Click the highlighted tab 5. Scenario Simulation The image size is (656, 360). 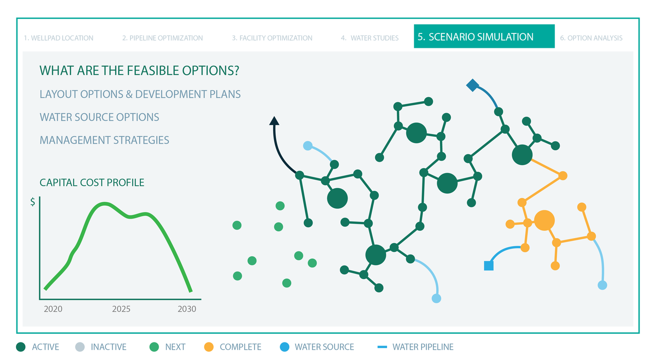pos(484,37)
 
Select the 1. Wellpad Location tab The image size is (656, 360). pos(59,38)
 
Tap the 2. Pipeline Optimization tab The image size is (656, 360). pos(162,38)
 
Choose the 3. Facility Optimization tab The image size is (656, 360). pos(272,38)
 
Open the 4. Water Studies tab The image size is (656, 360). pos(370,38)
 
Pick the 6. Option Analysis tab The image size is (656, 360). pos(591,38)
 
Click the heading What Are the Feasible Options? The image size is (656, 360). pos(139,70)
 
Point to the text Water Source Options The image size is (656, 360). pos(99,117)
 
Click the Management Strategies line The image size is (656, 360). pos(104,140)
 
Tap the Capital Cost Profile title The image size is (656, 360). pos(92,183)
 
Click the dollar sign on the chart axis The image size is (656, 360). pos(32,202)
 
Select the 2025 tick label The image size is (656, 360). pos(121,309)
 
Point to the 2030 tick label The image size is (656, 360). pos(187,309)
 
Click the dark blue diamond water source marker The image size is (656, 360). pos(472,85)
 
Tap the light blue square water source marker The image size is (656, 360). pos(489,266)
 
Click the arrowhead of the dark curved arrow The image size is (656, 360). pos(274,121)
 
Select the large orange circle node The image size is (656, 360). pos(544,220)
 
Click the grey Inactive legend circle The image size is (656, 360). pos(80,347)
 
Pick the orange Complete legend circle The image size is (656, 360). pos(209,347)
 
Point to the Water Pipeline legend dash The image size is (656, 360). pos(382,347)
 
